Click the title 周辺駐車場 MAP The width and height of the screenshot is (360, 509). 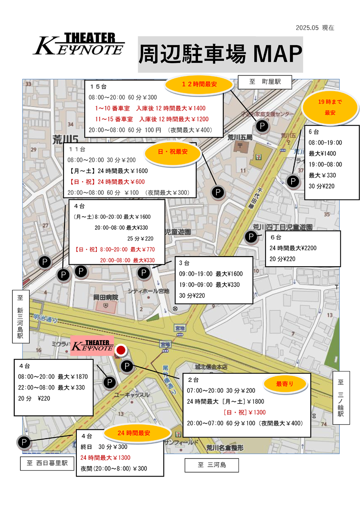coord(220,54)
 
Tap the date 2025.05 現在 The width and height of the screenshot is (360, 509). coord(315,28)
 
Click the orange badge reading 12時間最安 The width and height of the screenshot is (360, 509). coord(199,84)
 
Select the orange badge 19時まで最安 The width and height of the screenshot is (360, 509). coord(330,107)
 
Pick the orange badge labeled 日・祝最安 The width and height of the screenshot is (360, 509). coord(173,152)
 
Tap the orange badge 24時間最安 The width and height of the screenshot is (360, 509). coord(134,433)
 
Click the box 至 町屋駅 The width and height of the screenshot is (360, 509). coord(265,82)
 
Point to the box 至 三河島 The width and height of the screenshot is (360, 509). coord(212,465)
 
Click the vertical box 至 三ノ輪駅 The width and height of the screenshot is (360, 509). coord(341,398)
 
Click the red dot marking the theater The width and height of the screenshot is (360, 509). coord(120,351)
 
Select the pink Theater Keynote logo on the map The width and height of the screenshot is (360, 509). coord(92,346)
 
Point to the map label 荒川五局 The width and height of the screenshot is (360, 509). coord(240,137)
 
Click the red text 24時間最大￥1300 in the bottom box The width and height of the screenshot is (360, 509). coord(105,457)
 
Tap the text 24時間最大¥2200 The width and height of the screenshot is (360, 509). coord(293,248)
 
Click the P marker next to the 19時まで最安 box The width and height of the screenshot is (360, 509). coord(294,182)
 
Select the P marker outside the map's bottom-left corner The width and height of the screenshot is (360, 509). coord(24,442)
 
